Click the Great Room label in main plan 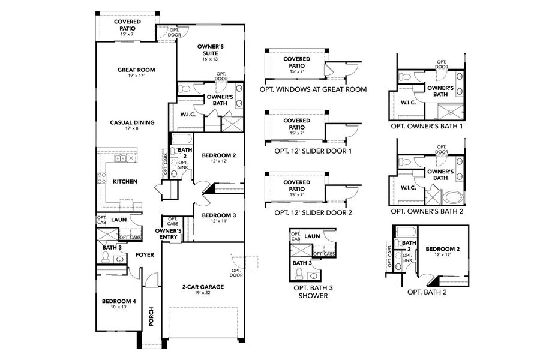[x=136, y=70]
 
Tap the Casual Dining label [x=132, y=122]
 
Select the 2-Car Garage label [x=203, y=287]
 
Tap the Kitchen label [x=125, y=181]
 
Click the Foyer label [x=145, y=254]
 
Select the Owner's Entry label [x=169, y=233]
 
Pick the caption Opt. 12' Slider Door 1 [x=313, y=151]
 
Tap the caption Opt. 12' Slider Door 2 [x=313, y=212]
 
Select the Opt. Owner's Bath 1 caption [x=427, y=127]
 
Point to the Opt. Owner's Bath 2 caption [x=427, y=211]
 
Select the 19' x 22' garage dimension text [x=203, y=293]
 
